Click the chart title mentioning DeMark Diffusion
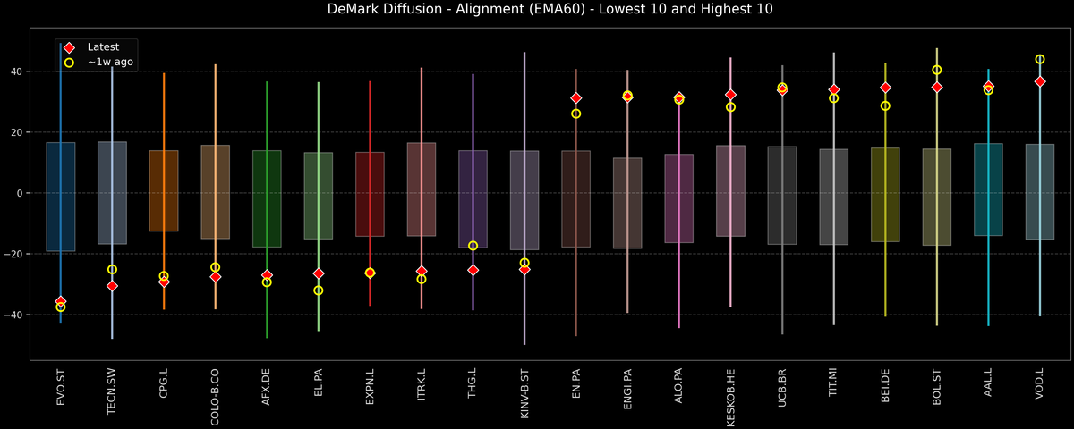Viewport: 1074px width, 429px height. point(537,10)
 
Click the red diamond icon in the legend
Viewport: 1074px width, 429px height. point(69,47)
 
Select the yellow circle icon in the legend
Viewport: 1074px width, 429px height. point(69,63)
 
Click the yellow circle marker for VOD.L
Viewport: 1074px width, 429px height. point(1040,60)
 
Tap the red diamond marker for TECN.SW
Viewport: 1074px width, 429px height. point(112,286)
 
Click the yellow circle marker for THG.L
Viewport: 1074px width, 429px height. point(473,246)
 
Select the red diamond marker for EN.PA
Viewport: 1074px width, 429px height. point(576,98)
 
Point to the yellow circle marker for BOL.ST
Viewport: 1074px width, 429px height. point(937,71)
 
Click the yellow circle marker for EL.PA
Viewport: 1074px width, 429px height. point(319,290)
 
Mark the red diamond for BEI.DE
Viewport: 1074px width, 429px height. point(885,88)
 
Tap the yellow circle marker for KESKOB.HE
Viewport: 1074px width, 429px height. point(730,107)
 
